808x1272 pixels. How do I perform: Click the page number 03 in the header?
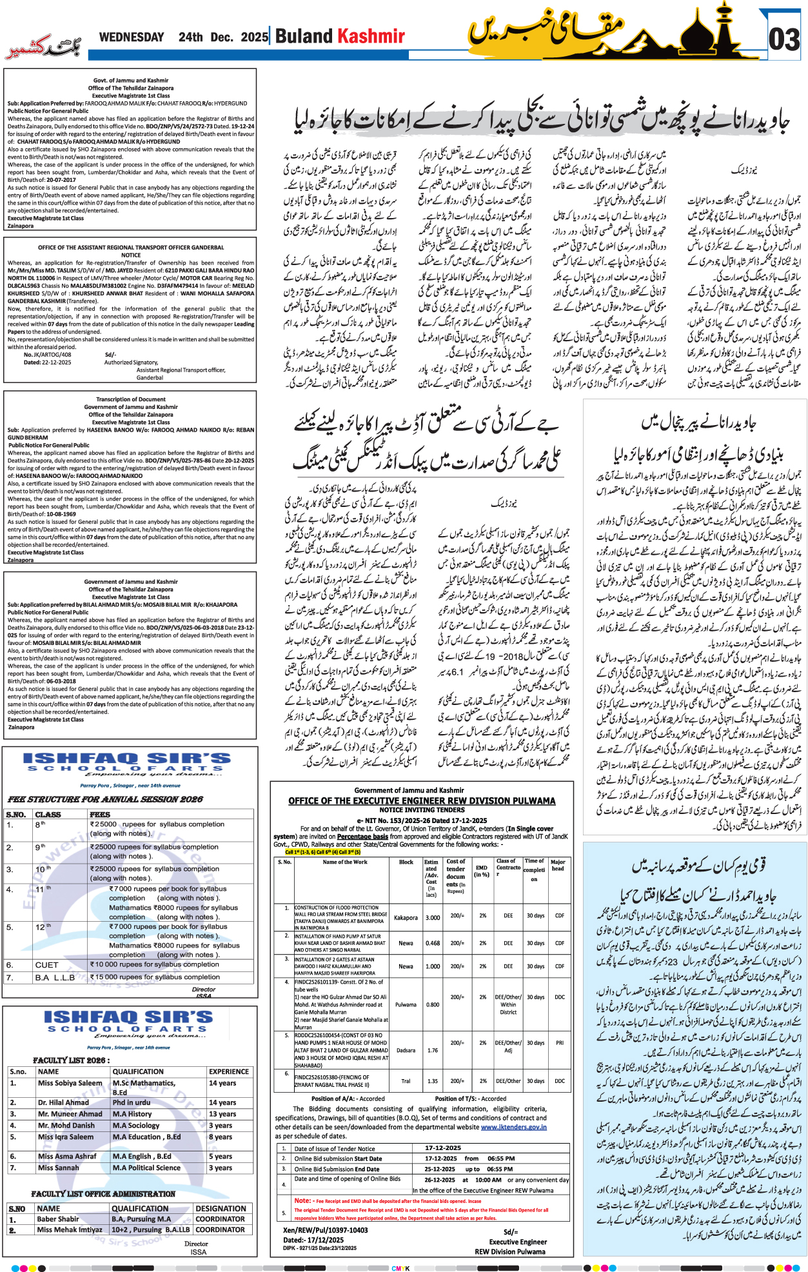tap(784, 39)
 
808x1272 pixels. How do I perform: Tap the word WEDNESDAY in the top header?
tap(132, 37)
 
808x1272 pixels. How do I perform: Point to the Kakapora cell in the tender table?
tap(406, 917)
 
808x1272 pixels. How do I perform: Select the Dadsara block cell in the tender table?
tap(406, 1050)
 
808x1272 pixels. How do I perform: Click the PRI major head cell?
tap(559, 1042)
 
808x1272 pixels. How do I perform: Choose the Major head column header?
tap(558, 865)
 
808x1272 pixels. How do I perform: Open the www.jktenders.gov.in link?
tap(513, 1127)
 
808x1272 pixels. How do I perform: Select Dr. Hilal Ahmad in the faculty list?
tap(63, 1102)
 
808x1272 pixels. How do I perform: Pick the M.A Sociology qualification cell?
tap(135, 1125)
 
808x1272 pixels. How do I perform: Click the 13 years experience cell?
tap(222, 1114)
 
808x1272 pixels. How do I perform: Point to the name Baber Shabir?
tap(58, 1219)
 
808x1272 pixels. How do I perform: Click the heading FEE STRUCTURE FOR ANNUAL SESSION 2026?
tap(105, 799)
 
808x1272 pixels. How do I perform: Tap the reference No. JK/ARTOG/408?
tap(47, 355)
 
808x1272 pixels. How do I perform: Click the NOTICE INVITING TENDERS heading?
tap(422, 810)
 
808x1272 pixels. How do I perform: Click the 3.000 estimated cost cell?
tap(433, 917)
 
